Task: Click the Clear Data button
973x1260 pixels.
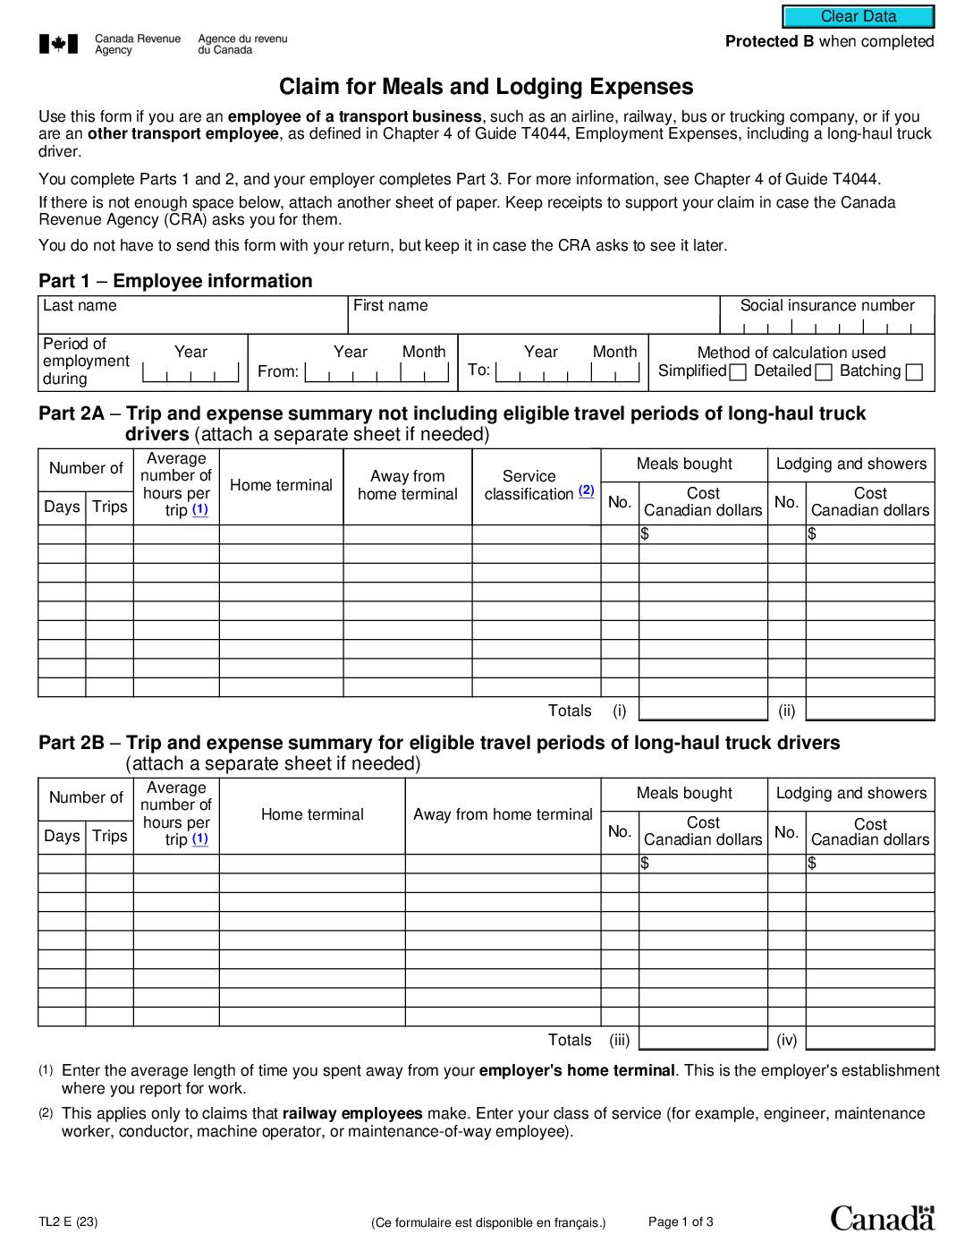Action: [x=858, y=16]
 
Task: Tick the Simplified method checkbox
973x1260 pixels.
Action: [x=738, y=372]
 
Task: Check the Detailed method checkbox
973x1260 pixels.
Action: [x=824, y=372]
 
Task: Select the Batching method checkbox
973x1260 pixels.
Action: [x=914, y=372]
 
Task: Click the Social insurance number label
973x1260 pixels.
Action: [x=827, y=306]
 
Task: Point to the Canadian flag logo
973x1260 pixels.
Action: [x=59, y=44]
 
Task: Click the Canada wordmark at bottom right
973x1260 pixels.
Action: [x=882, y=1218]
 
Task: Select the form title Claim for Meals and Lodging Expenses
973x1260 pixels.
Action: [x=486, y=87]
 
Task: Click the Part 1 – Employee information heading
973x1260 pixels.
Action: [x=175, y=281]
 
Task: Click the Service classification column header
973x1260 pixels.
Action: [x=529, y=485]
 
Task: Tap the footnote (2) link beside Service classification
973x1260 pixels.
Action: [x=586, y=490]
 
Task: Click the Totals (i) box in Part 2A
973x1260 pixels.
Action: [x=703, y=711]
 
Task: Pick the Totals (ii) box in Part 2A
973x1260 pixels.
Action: [x=869, y=711]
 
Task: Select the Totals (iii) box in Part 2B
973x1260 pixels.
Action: [x=703, y=1040]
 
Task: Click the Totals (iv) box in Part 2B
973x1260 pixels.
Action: [x=869, y=1040]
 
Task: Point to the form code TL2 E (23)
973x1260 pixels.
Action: [x=68, y=1222]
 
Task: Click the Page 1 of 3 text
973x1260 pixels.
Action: [x=681, y=1222]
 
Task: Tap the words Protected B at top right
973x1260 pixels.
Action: [x=769, y=41]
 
